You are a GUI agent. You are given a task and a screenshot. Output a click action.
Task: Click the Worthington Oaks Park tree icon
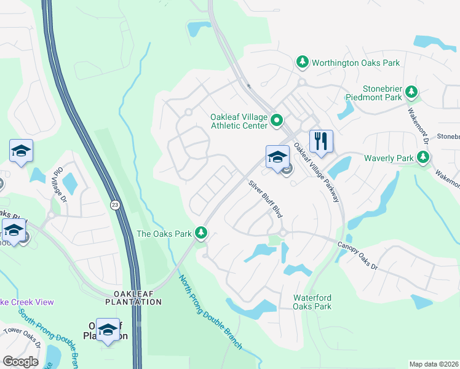pos(302,62)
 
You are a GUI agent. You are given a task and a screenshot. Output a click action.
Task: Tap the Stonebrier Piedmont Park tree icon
pos(411,92)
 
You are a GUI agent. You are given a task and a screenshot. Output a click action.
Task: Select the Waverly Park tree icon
pos(422,158)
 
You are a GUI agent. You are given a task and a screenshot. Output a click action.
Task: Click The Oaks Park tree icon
pos(200,233)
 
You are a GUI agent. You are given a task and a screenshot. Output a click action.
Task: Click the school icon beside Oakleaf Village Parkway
pos(277,157)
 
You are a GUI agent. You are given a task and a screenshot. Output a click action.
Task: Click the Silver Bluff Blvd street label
pos(265,199)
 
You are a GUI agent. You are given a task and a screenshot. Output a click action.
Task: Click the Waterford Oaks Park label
pos(312,302)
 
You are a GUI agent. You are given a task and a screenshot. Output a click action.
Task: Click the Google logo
pos(20,361)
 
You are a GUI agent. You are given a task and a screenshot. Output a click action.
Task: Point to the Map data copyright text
pos(434,364)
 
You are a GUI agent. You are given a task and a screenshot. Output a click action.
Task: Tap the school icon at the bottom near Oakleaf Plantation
pos(108,330)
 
